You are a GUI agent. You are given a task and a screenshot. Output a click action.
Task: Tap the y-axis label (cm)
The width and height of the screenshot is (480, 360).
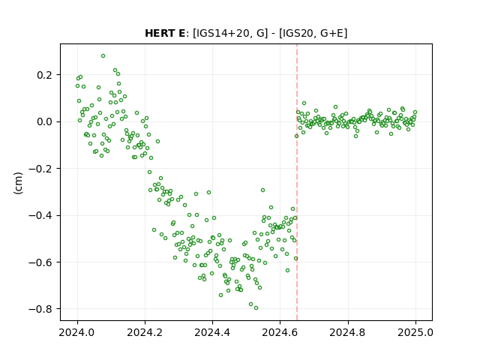click(x=18, y=183)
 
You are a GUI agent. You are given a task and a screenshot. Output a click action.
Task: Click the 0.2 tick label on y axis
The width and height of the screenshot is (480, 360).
click(x=44, y=75)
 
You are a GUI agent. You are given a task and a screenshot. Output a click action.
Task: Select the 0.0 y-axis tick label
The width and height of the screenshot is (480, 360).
click(x=44, y=121)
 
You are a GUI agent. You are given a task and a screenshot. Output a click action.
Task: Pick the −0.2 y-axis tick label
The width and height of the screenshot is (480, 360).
click(x=40, y=169)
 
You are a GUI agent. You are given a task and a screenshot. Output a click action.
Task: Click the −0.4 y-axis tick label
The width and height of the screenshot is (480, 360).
click(x=40, y=215)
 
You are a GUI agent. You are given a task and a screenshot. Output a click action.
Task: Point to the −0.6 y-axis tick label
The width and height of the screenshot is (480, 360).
click(x=40, y=262)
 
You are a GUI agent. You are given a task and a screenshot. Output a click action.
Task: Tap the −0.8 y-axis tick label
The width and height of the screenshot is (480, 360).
click(x=40, y=309)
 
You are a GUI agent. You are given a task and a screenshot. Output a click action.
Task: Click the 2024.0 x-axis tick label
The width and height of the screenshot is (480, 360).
click(x=77, y=332)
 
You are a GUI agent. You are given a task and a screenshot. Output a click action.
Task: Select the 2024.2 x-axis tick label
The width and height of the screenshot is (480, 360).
click(x=145, y=332)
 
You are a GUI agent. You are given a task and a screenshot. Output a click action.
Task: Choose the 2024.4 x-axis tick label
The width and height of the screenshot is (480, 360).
click(x=212, y=332)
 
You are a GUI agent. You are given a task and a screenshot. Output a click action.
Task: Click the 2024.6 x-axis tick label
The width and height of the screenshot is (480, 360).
click(x=280, y=332)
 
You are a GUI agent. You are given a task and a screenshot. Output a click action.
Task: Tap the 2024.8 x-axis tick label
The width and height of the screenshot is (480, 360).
click(x=348, y=332)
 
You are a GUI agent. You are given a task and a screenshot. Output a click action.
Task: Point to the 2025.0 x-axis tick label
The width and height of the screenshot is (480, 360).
click(x=415, y=332)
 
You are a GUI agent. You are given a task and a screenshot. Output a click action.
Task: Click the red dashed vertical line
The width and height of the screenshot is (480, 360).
click(x=297, y=182)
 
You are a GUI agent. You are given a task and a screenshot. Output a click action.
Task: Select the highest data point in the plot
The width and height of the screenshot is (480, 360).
click(x=103, y=56)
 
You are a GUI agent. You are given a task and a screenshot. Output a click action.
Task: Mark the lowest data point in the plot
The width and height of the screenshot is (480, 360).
click(x=256, y=308)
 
